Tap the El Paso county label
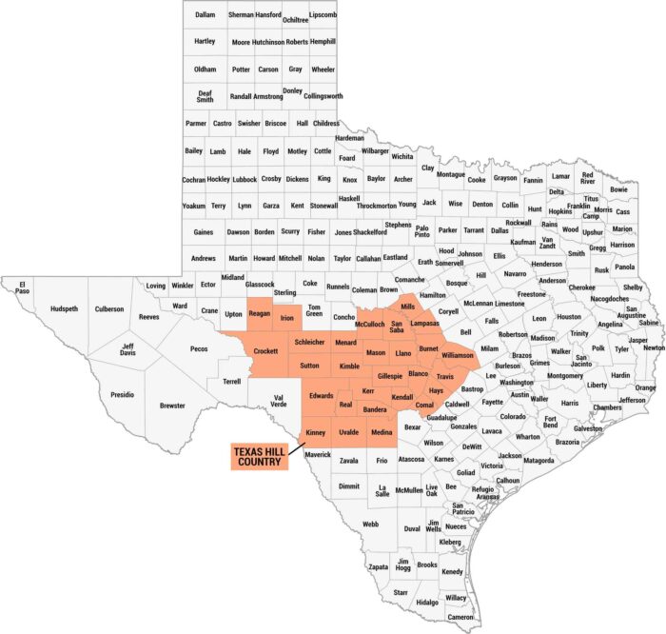[20, 287]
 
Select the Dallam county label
[205, 15]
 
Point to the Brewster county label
[172, 405]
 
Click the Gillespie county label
[390, 376]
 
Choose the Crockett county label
[265, 351]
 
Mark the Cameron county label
[460, 617]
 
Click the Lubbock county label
[245, 179]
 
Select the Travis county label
[445, 376]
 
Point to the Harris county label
[570, 403]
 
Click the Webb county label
[371, 524]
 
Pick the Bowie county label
[618, 189]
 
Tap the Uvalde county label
[348, 433]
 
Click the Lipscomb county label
[323, 15]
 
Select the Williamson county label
[458, 355]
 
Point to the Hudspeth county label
[64, 308]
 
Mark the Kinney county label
[315, 433]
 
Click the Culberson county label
[109, 308]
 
